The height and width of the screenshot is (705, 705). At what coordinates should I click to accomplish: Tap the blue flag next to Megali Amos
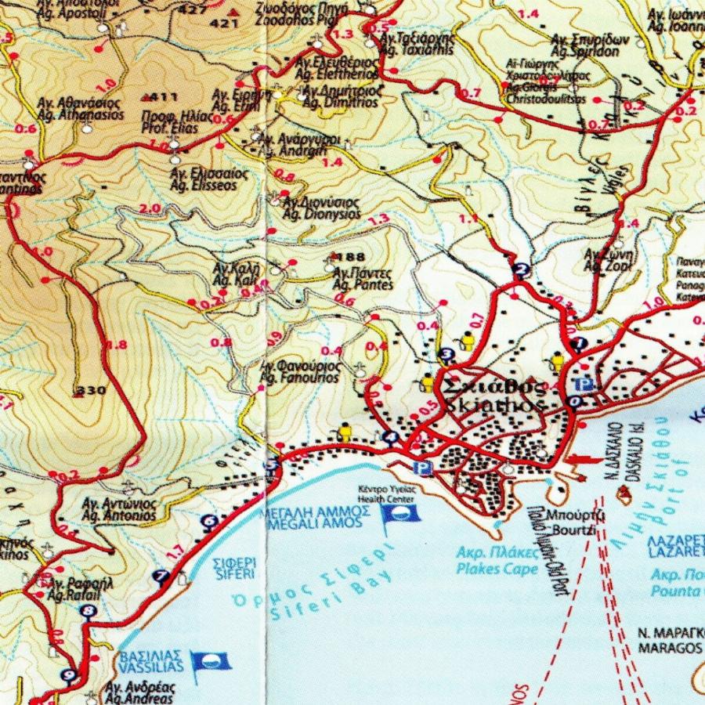click(399, 514)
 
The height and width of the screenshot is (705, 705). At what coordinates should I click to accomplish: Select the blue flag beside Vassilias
click(211, 663)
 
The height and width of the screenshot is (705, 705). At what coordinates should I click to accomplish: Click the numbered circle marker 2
click(521, 272)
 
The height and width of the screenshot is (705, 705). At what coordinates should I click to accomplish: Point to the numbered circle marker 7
click(162, 577)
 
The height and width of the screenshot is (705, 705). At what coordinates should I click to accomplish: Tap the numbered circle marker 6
click(209, 521)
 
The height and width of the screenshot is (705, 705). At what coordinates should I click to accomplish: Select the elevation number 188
click(354, 257)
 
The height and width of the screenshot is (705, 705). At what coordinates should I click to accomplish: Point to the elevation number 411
click(164, 97)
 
